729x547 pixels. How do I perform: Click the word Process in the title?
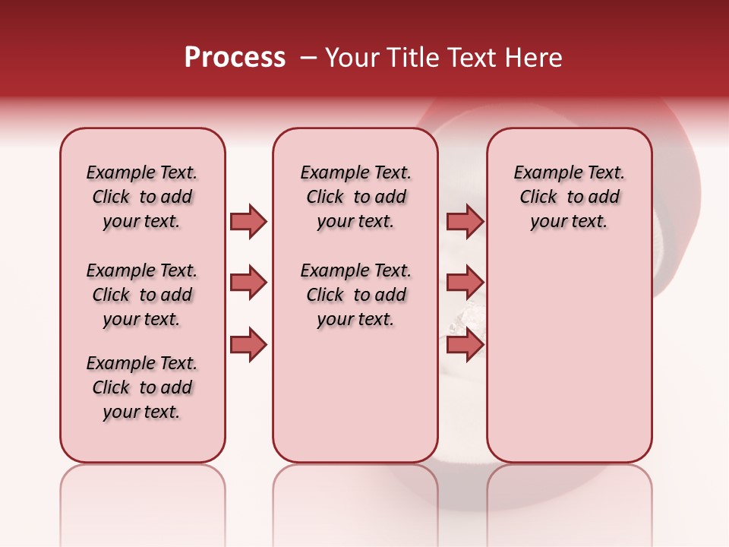coord(235,58)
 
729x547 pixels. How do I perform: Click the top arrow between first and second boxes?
coord(248,221)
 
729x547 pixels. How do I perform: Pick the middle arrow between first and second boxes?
coord(248,283)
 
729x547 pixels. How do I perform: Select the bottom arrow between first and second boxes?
coord(248,345)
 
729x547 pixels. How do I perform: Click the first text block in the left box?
coord(142,197)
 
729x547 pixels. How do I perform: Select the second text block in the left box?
coord(142,295)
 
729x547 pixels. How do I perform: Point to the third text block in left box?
coord(142,387)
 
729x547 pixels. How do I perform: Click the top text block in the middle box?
coord(355,197)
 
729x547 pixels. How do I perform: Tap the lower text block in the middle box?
coord(355,295)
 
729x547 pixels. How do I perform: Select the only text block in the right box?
coord(569,197)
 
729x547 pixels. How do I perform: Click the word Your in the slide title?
coord(352,58)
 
